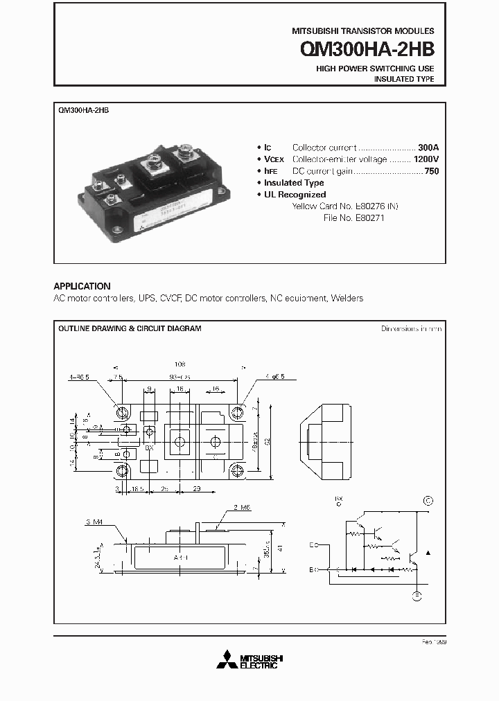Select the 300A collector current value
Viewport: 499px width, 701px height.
click(x=428, y=148)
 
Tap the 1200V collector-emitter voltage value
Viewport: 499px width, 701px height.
click(x=426, y=159)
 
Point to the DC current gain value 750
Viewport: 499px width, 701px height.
click(x=431, y=170)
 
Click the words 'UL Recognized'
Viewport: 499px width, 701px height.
click(x=295, y=195)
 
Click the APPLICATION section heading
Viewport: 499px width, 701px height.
click(x=82, y=285)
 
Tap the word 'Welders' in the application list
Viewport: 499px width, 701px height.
click(x=347, y=298)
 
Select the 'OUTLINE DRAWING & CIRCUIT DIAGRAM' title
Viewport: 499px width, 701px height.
click(x=130, y=328)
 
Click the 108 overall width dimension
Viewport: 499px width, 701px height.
click(x=181, y=363)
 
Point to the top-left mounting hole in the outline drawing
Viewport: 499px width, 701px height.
click(x=123, y=413)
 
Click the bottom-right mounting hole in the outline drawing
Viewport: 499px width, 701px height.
click(x=238, y=471)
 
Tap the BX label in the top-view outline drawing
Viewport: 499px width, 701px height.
click(x=149, y=448)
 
